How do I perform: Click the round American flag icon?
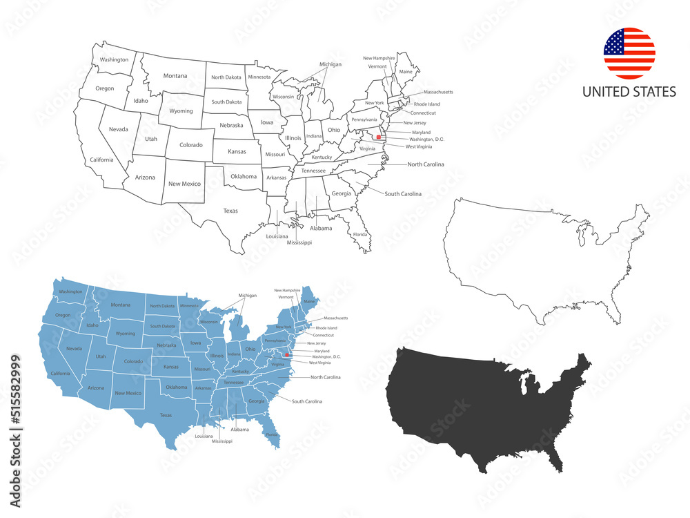629,53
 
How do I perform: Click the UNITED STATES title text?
629,92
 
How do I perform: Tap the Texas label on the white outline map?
230,211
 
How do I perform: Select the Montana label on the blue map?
120,305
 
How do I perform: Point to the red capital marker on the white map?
379,137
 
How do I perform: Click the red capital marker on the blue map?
287,355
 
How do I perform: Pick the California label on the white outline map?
101,160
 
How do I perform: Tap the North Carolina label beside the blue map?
326,377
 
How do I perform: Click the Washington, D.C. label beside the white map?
426,139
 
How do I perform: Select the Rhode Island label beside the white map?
427,104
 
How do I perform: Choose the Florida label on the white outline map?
360,234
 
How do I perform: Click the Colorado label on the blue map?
133,361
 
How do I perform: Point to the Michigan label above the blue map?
247,295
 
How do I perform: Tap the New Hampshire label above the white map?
379,58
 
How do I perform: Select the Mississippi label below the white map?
299,242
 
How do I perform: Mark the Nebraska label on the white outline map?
231,126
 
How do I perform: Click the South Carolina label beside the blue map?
307,401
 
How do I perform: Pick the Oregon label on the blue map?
63,315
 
